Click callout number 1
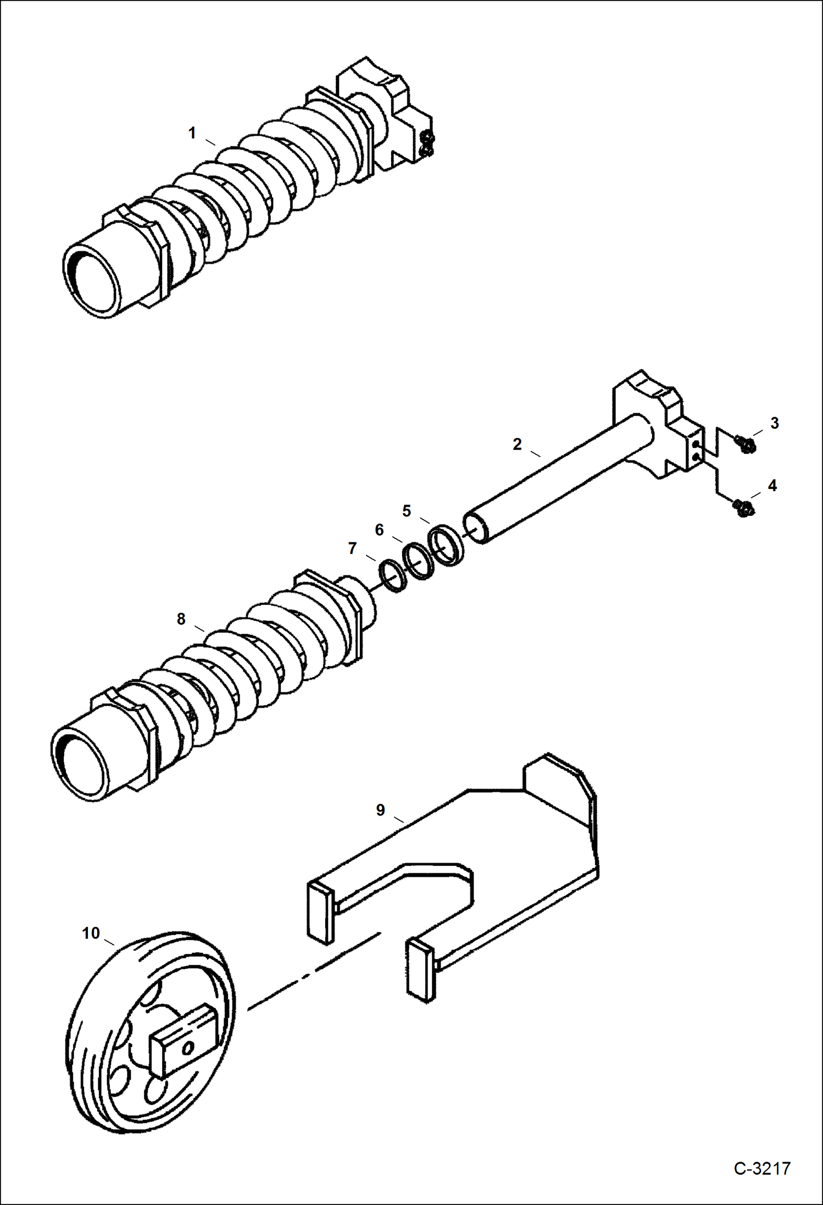pos(192,133)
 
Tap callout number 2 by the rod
pos(516,444)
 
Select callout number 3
pos(774,423)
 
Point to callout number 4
pos(772,485)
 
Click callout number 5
pos(406,511)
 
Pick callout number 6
pos(379,530)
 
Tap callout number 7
pos(352,548)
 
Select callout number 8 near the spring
pos(181,619)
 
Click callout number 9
pos(380,809)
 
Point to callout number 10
pos(91,933)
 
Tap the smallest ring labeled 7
pos(393,576)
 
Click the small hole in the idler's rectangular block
pos(188,1049)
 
